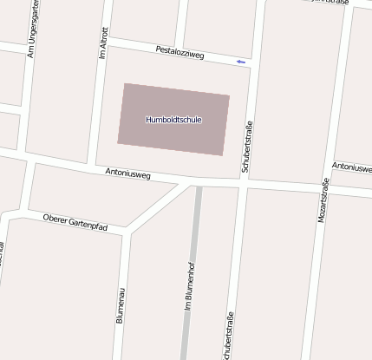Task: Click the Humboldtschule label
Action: [173, 120]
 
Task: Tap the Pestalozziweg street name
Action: [179, 54]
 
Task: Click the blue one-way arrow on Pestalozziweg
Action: [240, 62]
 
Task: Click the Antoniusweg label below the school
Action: [127, 174]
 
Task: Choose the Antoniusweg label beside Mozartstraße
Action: [352, 166]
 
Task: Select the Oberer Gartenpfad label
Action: [75, 221]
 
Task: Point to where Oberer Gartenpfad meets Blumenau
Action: [127, 232]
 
